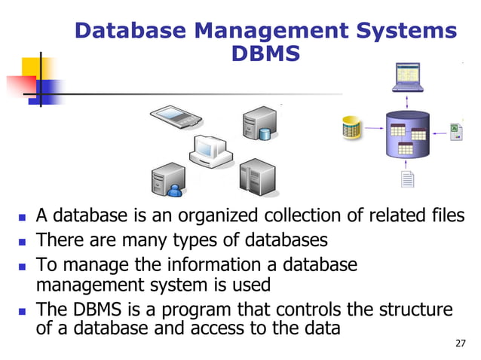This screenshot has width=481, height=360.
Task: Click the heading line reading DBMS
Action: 266,55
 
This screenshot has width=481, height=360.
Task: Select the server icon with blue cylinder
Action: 256,125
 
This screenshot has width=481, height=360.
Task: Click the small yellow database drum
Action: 350,128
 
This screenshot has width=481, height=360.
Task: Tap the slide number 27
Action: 461,343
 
